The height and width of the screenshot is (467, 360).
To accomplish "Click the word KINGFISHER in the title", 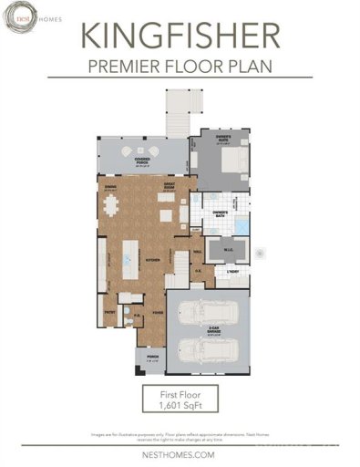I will [180, 36].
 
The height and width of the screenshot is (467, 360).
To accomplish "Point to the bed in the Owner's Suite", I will [231, 161].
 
